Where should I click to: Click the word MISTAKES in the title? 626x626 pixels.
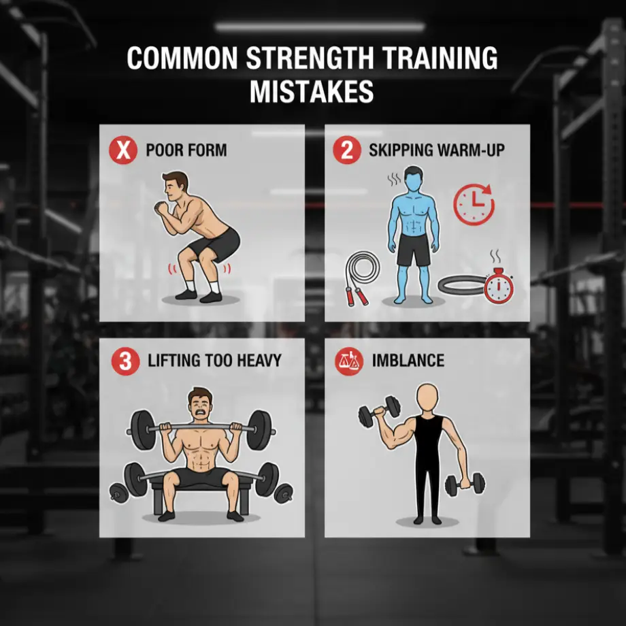tap(312, 90)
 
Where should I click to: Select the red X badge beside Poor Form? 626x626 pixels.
tap(123, 150)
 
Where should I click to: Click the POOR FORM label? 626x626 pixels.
tap(186, 150)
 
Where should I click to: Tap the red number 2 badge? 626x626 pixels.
tap(347, 150)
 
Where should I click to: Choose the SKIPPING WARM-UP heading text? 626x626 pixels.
tap(437, 150)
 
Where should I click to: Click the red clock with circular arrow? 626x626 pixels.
tap(474, 203)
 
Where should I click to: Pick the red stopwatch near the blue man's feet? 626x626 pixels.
tap(498, 285)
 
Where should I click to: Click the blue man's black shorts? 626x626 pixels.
tap(412, 250)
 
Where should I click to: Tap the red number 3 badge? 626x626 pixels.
tap(125, 361)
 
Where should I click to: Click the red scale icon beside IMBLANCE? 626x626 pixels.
tap(347, 361)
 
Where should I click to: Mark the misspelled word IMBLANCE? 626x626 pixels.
tap(408, 361)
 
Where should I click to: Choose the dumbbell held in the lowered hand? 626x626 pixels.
tap(464, 484)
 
